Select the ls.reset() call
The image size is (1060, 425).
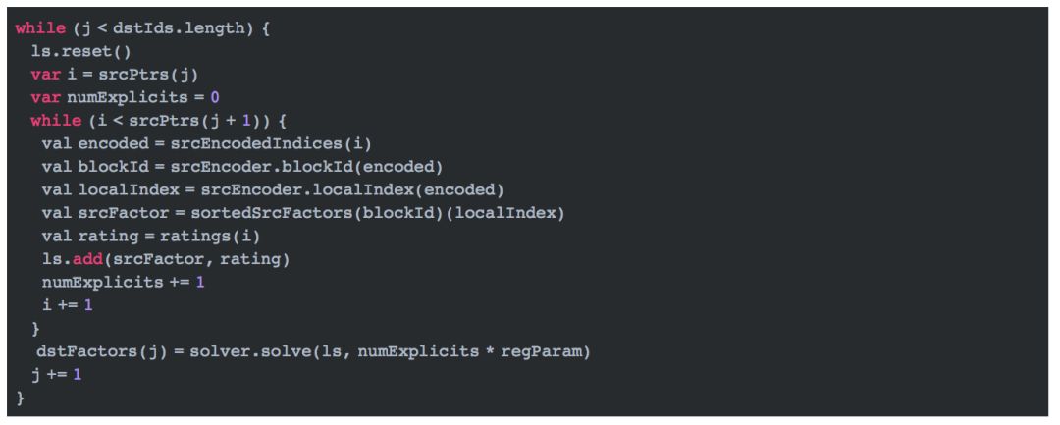(x=74, y=52)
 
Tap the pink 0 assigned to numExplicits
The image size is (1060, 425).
(x=215, y=97)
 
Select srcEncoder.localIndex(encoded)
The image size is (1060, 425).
(x=351, y=188)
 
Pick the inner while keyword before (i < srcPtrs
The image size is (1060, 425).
(x=56, y=121)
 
